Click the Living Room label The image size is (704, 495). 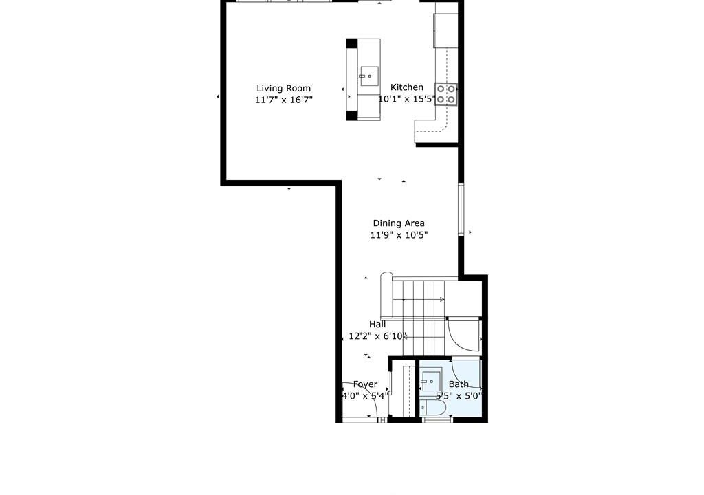point(284,88)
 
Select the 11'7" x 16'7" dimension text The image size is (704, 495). point(284,100)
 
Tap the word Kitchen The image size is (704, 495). point(407,87)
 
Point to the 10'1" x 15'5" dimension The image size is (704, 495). point(407,99)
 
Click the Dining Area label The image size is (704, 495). point(399,223)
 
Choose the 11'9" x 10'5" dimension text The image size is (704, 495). point(399,234)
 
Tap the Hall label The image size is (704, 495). point(377,324)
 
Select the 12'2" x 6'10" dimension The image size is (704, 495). point(377,335)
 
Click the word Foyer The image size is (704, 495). point(365,384)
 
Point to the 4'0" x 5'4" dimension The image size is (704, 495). point(365,396)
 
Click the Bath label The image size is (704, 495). point(459,384)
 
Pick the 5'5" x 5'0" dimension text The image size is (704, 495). point(459,396)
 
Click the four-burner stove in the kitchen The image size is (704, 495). point(445,94)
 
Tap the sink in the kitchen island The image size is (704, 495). point(369,76)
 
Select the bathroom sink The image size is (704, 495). point(431,380)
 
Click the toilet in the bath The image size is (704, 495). point(433,408)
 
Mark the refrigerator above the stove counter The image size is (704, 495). point(445,30)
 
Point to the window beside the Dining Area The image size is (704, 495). point(461,209)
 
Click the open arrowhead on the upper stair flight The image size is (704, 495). point(442,299)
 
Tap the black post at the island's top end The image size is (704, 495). point(352,43)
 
